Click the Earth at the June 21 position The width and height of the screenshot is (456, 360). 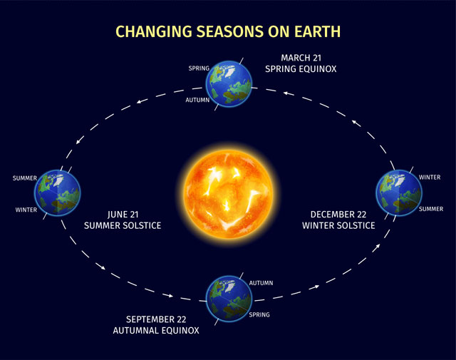coord(57,192)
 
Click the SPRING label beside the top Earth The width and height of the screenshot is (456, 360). coord(198,68)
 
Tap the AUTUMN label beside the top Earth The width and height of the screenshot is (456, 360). coord(197,100)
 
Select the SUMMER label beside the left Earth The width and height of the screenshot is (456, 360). coord(25,178)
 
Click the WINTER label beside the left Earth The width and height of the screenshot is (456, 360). coord(26,210)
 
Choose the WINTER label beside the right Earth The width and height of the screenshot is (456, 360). coord(430,177)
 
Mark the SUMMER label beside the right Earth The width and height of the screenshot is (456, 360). coord(431,209)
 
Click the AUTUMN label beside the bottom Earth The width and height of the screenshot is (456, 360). coord(261,283)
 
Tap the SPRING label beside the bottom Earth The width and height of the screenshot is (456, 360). coord(260,313)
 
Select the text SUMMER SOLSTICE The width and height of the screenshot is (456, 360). coord(123,225)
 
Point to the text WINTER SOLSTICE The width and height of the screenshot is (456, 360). coord(338,225)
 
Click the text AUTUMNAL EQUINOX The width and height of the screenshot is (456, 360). coord(156,330)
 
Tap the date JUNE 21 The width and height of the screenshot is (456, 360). coord(123,214)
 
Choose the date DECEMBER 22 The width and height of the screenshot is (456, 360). coord(338,214)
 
